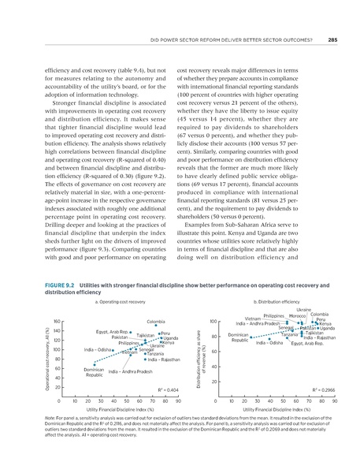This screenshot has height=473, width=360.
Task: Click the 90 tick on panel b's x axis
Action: pos(335,401)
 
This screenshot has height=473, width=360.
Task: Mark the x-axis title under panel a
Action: pos(104,411)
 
